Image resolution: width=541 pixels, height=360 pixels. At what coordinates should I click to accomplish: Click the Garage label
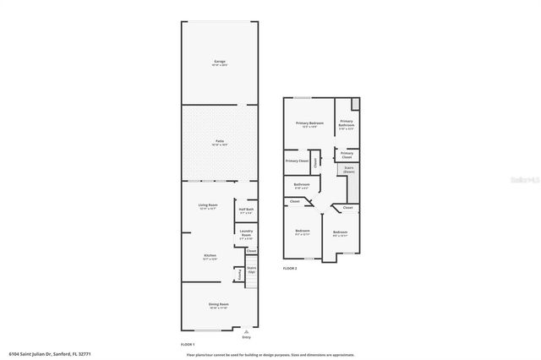click(219, 62)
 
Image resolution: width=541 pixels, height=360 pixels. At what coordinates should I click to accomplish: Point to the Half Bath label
click(247, 211)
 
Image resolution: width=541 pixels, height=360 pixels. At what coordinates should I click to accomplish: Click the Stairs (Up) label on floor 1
click(251, 270)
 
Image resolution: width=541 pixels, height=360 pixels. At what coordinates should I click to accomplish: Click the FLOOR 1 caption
click(188, 344)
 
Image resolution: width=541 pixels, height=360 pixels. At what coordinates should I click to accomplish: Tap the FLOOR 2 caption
click(290, 268)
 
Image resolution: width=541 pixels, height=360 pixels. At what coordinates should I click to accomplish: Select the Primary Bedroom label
click(309, 124)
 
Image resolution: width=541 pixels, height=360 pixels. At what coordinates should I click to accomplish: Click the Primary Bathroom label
click(347, 124)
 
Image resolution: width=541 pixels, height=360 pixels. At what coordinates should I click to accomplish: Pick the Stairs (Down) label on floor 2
click(349, 169)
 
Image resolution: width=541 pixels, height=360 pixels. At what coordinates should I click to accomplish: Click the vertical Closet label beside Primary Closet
click(314, 161)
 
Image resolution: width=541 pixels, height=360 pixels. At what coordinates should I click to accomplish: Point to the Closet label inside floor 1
click(251, 251)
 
